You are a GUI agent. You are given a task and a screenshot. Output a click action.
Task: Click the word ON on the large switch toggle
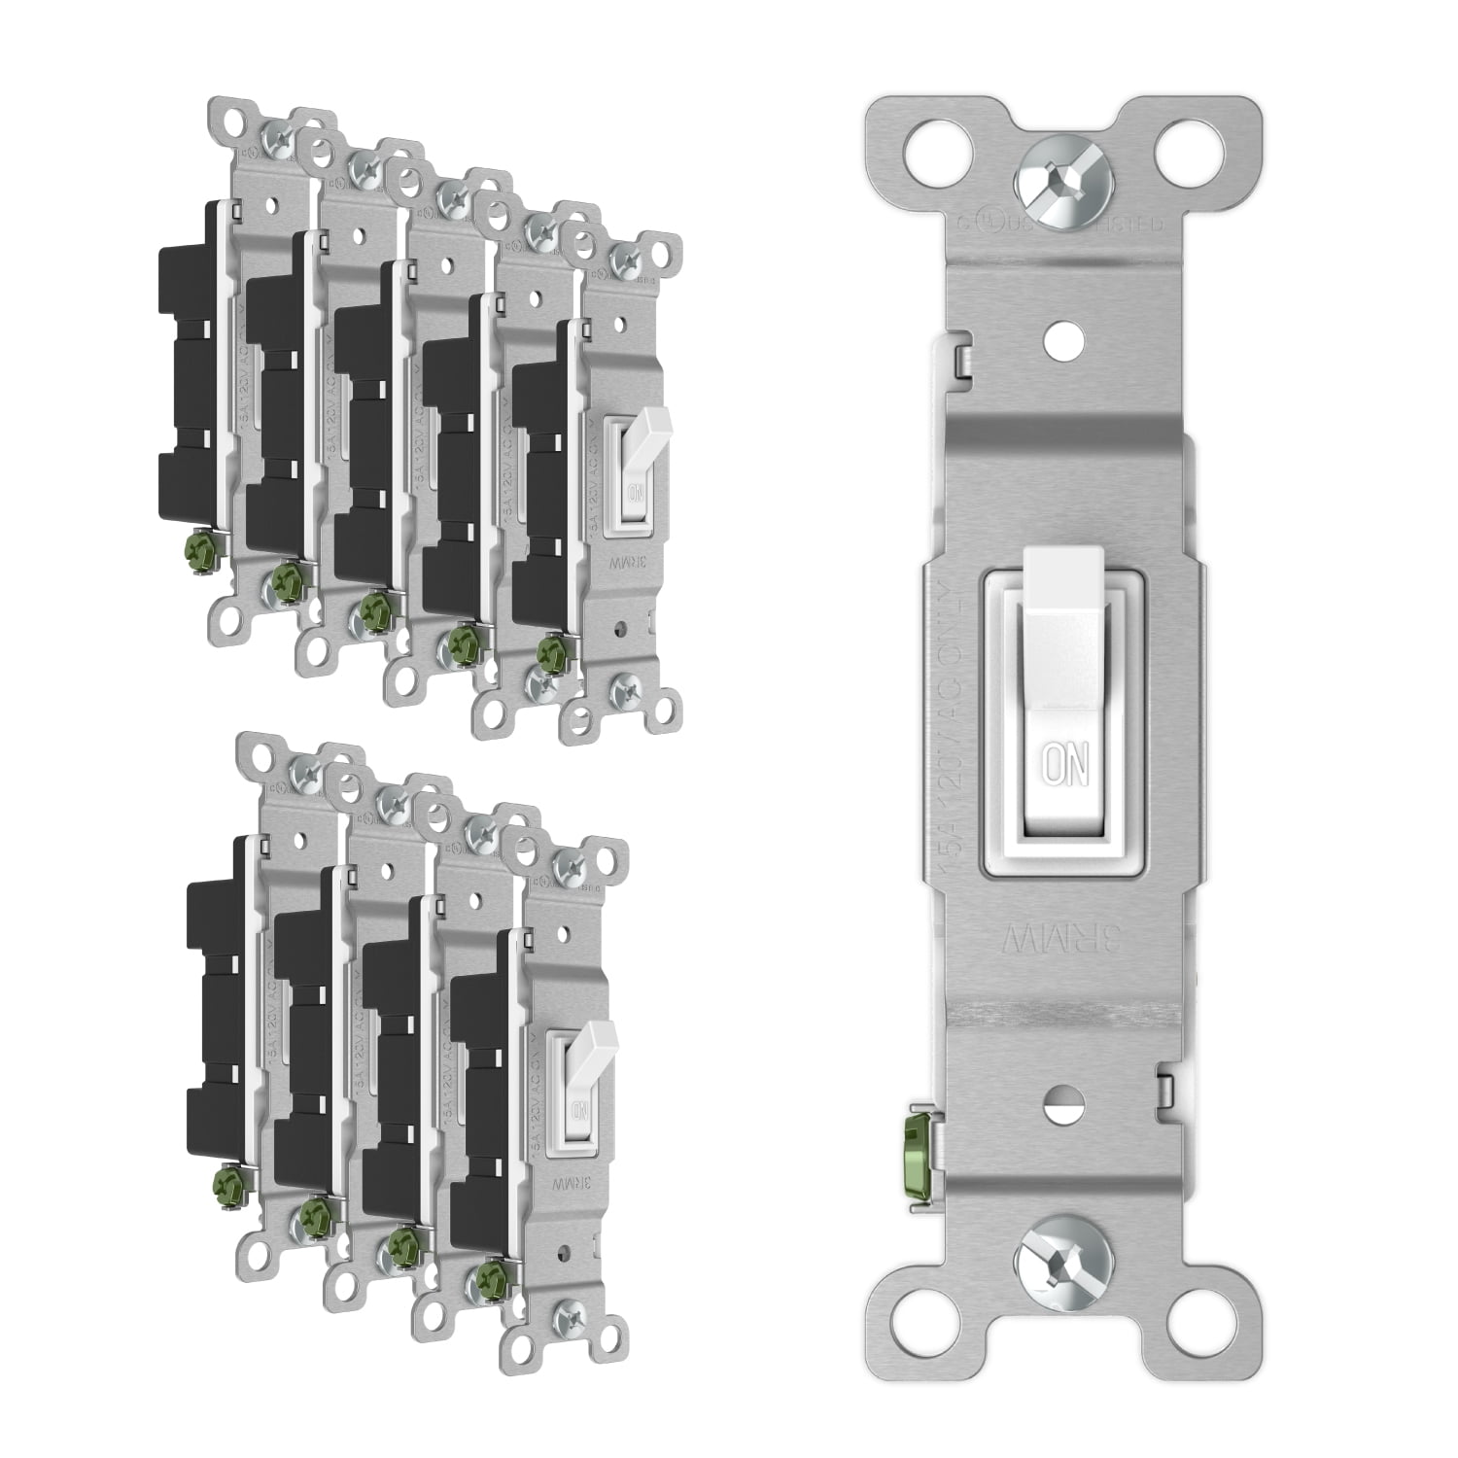1063,765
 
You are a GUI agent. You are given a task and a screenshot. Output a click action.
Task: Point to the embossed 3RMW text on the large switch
1064,937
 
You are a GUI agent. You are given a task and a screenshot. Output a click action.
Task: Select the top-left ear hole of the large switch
924,148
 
